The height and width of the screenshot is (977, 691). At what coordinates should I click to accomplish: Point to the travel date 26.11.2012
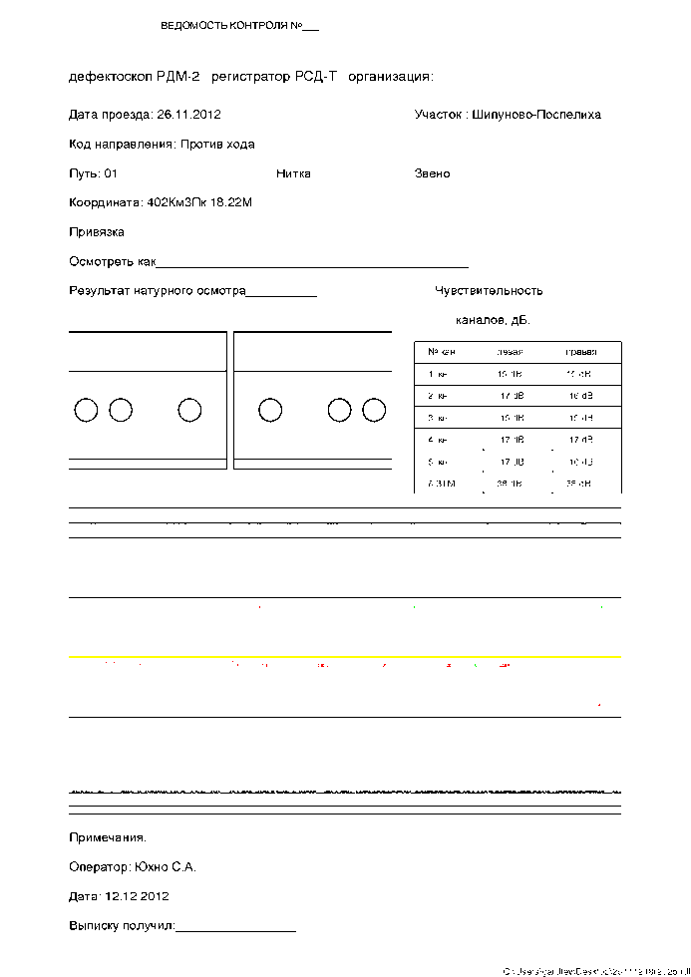[189, 115]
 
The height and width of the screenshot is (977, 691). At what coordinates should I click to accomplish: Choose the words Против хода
[217, 145]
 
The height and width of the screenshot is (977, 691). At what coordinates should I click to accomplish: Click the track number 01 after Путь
[111, 173]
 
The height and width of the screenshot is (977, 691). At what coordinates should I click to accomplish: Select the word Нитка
[293, 173]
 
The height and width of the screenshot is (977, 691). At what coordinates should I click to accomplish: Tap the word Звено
[432, 173]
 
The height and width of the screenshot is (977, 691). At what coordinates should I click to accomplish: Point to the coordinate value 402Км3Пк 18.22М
[199, 202]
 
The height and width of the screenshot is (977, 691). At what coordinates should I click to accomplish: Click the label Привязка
[97, 232]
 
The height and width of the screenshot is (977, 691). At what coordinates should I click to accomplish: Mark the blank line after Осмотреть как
[313, 264]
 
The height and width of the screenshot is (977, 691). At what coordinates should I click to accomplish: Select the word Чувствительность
[489, 291]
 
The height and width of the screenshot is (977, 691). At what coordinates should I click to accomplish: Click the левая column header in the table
[510, 352]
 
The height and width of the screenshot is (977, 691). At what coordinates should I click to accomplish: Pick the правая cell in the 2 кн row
[579, 396]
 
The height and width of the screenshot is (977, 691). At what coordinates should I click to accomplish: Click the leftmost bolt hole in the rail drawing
[87, 410]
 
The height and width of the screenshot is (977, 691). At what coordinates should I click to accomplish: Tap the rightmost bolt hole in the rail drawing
[374, 410]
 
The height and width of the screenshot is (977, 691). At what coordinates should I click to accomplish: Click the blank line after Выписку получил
[235, 928]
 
